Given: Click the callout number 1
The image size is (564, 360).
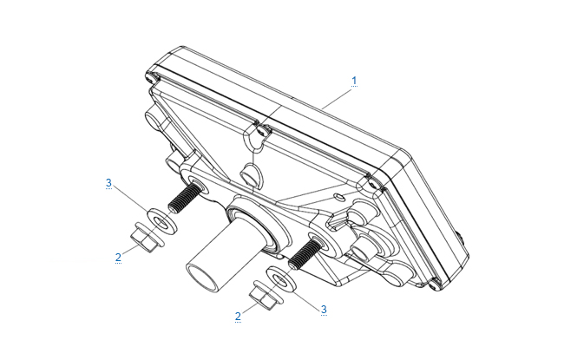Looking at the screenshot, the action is click(x=354, y=81).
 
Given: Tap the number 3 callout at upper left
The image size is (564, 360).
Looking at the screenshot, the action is click(x=108, y=183).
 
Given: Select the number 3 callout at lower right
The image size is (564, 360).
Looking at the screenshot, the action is click(x=324, y=310).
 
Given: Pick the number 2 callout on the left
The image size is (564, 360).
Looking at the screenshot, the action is click(x=118, y=258).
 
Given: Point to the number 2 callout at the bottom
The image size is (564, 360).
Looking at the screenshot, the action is click(x=238, y=317).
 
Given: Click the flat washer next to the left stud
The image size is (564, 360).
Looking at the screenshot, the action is click(x=162, y=220).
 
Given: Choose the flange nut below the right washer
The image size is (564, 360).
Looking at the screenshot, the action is click(x=266, y=296).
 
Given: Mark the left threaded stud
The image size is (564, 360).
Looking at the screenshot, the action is click(x=183, y=199).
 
